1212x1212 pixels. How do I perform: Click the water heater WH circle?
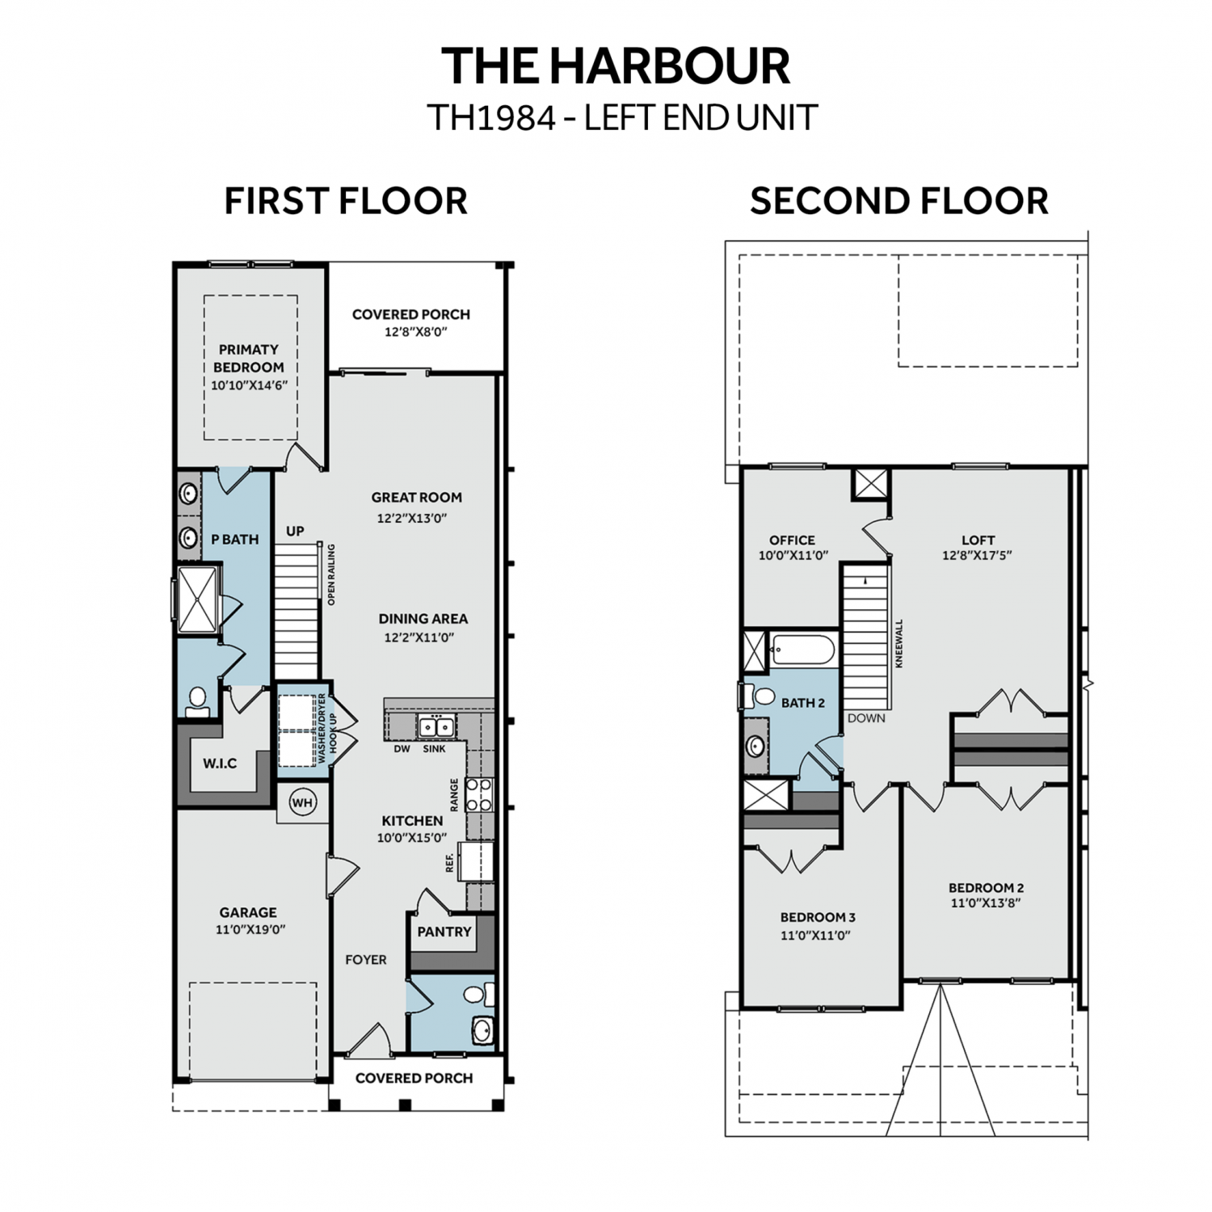pos(302,802)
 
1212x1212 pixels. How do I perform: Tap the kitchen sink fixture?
pos(436,726)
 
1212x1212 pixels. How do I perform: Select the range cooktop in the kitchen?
pos(478,794)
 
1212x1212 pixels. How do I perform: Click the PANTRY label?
pos(444,932)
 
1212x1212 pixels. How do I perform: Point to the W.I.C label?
pos(220,763)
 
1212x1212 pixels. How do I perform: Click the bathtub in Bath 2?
pos(802,650)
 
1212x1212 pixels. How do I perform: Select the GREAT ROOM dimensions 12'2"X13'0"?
pos(417,518)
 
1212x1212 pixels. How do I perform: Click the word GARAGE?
pos(248,912)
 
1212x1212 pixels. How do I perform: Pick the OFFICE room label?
pos(792,540)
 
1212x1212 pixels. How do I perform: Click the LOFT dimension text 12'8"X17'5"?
pos(977,556)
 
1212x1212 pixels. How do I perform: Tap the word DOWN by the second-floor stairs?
pos(866,718)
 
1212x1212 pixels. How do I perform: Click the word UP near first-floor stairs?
pos(295,531)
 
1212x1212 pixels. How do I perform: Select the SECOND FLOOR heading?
pos(898,201)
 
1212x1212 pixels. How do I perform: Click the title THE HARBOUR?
pos(615,65)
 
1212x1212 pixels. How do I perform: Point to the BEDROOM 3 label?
pos(818,917)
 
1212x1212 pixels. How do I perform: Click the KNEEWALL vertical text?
pos(899,643)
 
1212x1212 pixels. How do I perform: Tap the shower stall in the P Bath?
pos(197,599)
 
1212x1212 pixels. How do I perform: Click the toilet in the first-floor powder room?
pos(478,993)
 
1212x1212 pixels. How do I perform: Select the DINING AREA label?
pos(423,619)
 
